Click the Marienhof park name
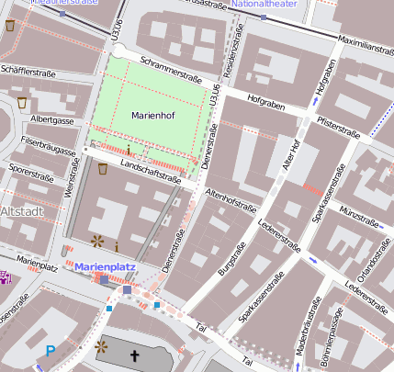tap(152, 116)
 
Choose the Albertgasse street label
tap(51, 119)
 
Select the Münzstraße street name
tap(358, 216)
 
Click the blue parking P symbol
tap(51, 350)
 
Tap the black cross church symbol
tap(135, 356)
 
